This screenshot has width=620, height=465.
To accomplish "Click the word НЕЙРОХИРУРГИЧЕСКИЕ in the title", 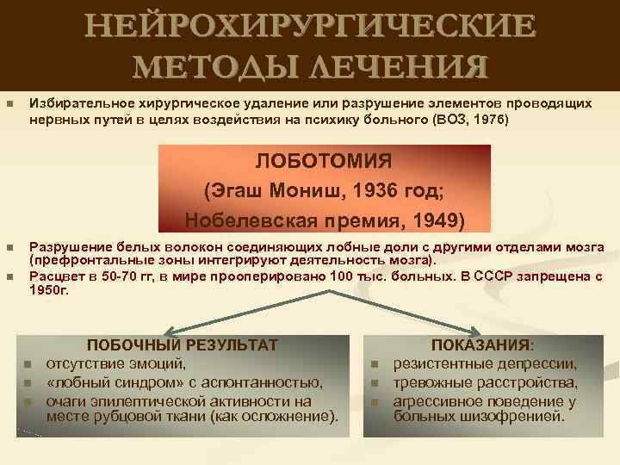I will coord(310,26).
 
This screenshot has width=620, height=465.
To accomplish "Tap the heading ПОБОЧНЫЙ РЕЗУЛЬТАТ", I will coord(183,344).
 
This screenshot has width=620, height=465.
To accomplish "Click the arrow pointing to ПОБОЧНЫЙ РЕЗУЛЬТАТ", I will coord(177,330).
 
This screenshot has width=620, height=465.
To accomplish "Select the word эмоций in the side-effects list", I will coord(158,363).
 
